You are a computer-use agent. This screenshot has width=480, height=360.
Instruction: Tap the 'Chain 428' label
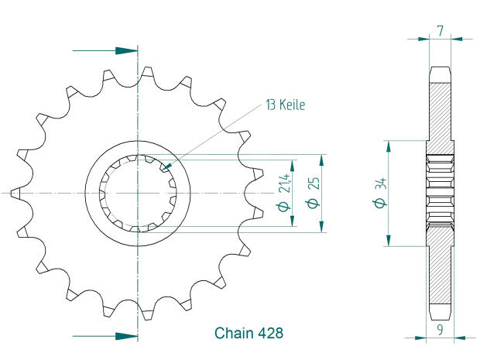pos(248,334)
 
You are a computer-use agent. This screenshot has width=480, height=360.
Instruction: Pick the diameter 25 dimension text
pos(310,193)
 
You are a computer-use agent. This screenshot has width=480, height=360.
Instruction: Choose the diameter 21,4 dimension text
pos(283,193)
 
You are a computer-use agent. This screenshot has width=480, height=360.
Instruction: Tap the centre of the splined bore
pos(137,191)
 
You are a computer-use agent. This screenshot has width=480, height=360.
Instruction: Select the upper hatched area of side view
pos(439,108)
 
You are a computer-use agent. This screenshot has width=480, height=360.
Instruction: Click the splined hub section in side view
pos(439,191)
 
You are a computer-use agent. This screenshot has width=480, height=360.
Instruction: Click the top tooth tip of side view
pos(439,70)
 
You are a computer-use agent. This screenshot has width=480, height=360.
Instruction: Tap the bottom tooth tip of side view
pos(439,314)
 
